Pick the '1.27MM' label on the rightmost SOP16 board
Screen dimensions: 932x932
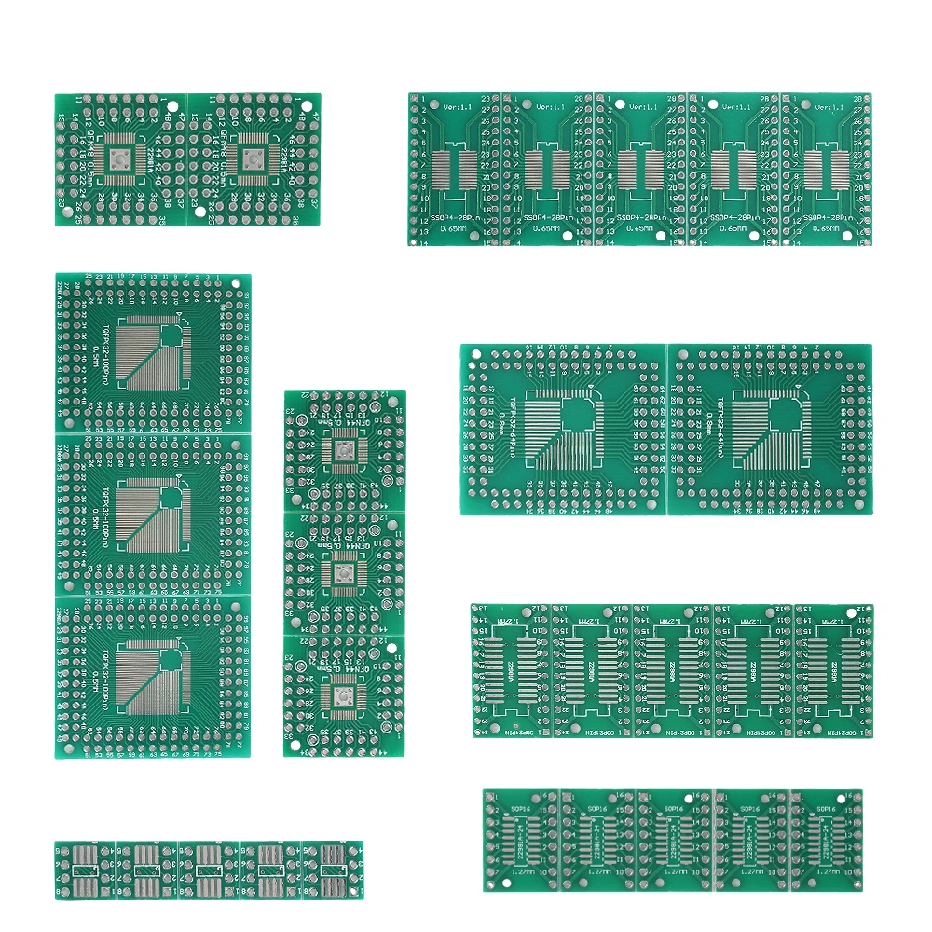point(821,871)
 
